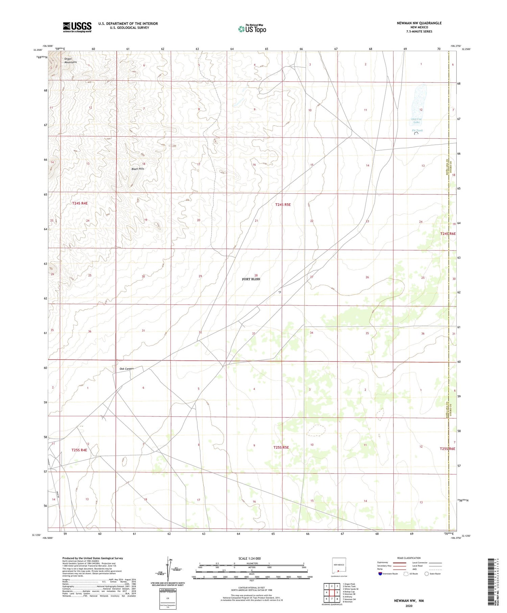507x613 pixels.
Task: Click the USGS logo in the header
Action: coord(77,27)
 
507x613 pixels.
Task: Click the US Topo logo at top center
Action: coord(252,29)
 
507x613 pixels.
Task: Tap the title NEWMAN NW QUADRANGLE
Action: coord(419,23)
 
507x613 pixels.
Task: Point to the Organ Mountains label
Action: coord(70,61)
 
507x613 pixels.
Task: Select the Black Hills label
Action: coord(138,169)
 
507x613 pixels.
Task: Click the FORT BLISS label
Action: coord(251,279)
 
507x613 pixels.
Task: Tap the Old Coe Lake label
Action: coord(416,121)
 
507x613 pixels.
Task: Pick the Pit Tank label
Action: coord(417,131)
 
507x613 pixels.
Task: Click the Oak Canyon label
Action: coord(127,369)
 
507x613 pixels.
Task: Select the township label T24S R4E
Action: coord(80,203)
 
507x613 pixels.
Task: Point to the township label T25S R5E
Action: coord(281,447)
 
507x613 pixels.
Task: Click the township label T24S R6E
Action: coord(448,234)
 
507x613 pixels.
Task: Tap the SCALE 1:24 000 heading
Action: coord(249,558)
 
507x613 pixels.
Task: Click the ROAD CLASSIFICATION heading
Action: coord(409,558)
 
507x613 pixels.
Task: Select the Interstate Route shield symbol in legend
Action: coord(380,574)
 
